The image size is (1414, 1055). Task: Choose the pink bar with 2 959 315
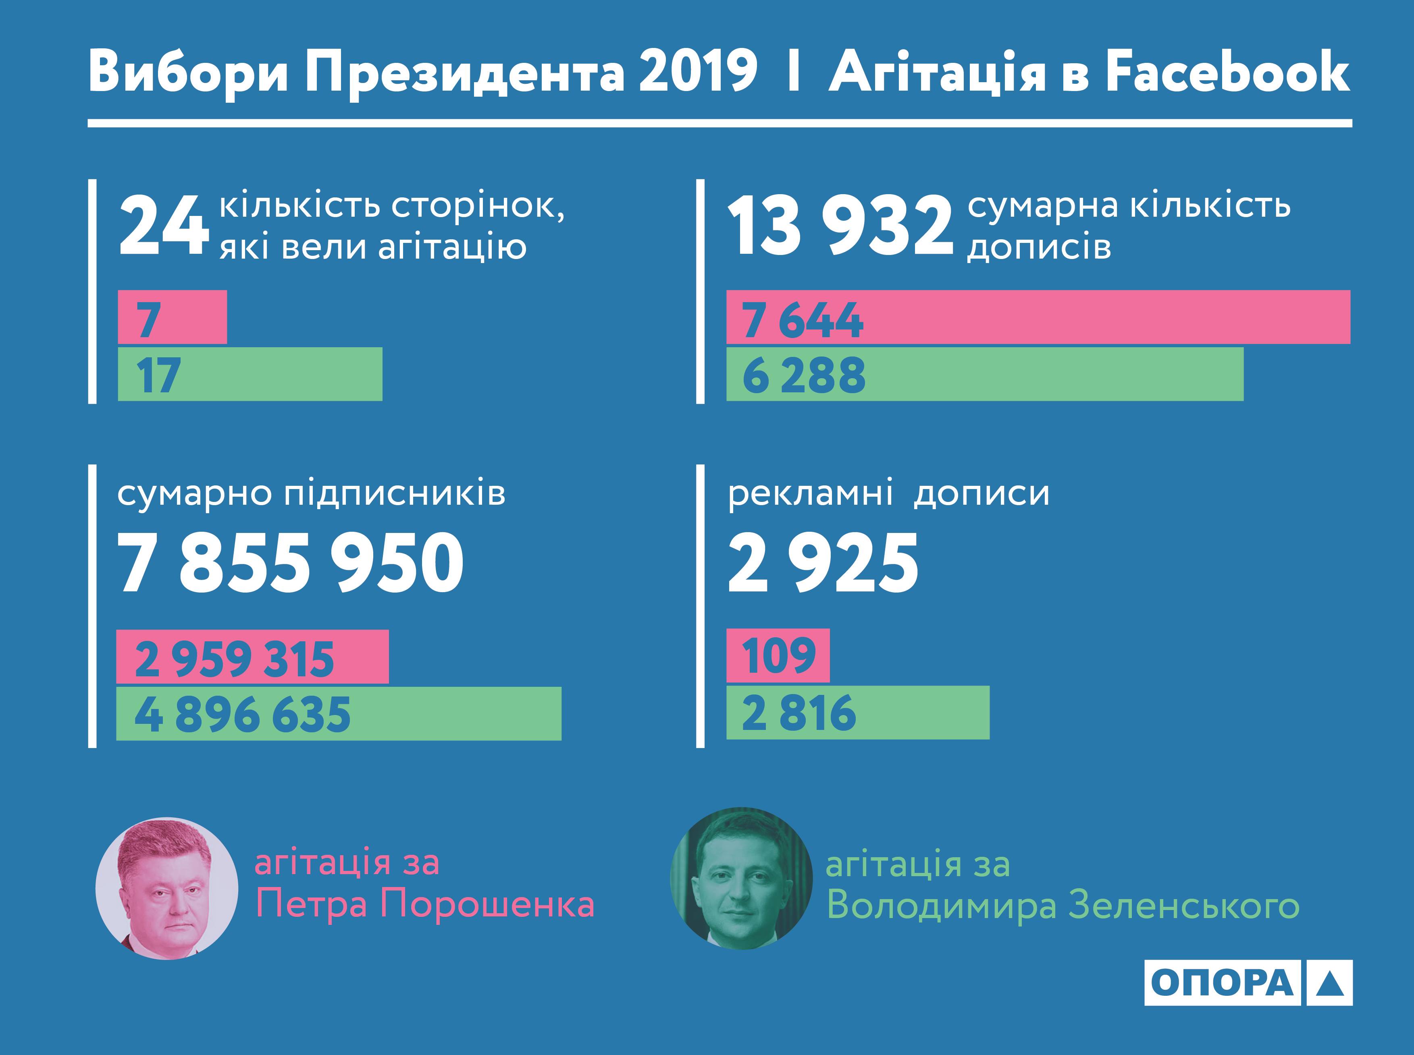(x=252, y=657)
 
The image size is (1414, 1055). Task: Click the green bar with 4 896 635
(x=339, y=713)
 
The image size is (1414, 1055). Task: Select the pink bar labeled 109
(x=778, y=655)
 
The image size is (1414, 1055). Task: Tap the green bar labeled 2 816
(x=857, y=713)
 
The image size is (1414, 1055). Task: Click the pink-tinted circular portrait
(x=167, y=888)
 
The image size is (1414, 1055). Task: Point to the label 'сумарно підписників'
(x=311, y=493)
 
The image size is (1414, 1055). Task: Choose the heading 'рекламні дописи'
(x=888, y=493)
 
